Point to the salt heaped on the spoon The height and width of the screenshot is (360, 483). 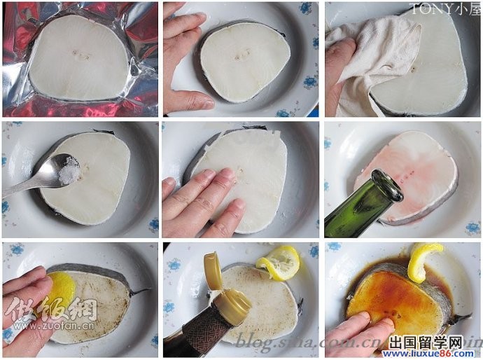click(69, 171)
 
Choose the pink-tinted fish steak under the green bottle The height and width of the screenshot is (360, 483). click(420, 168)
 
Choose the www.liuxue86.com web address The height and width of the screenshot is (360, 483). click(434, 354)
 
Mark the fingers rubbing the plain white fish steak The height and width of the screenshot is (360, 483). click(203, 203)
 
